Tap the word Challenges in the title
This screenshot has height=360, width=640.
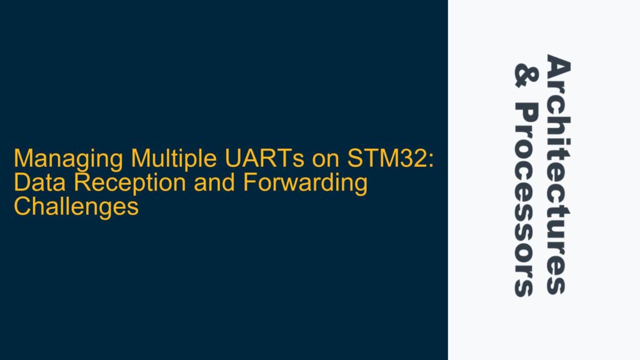point(76,206)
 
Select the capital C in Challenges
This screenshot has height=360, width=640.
point(21,206)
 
